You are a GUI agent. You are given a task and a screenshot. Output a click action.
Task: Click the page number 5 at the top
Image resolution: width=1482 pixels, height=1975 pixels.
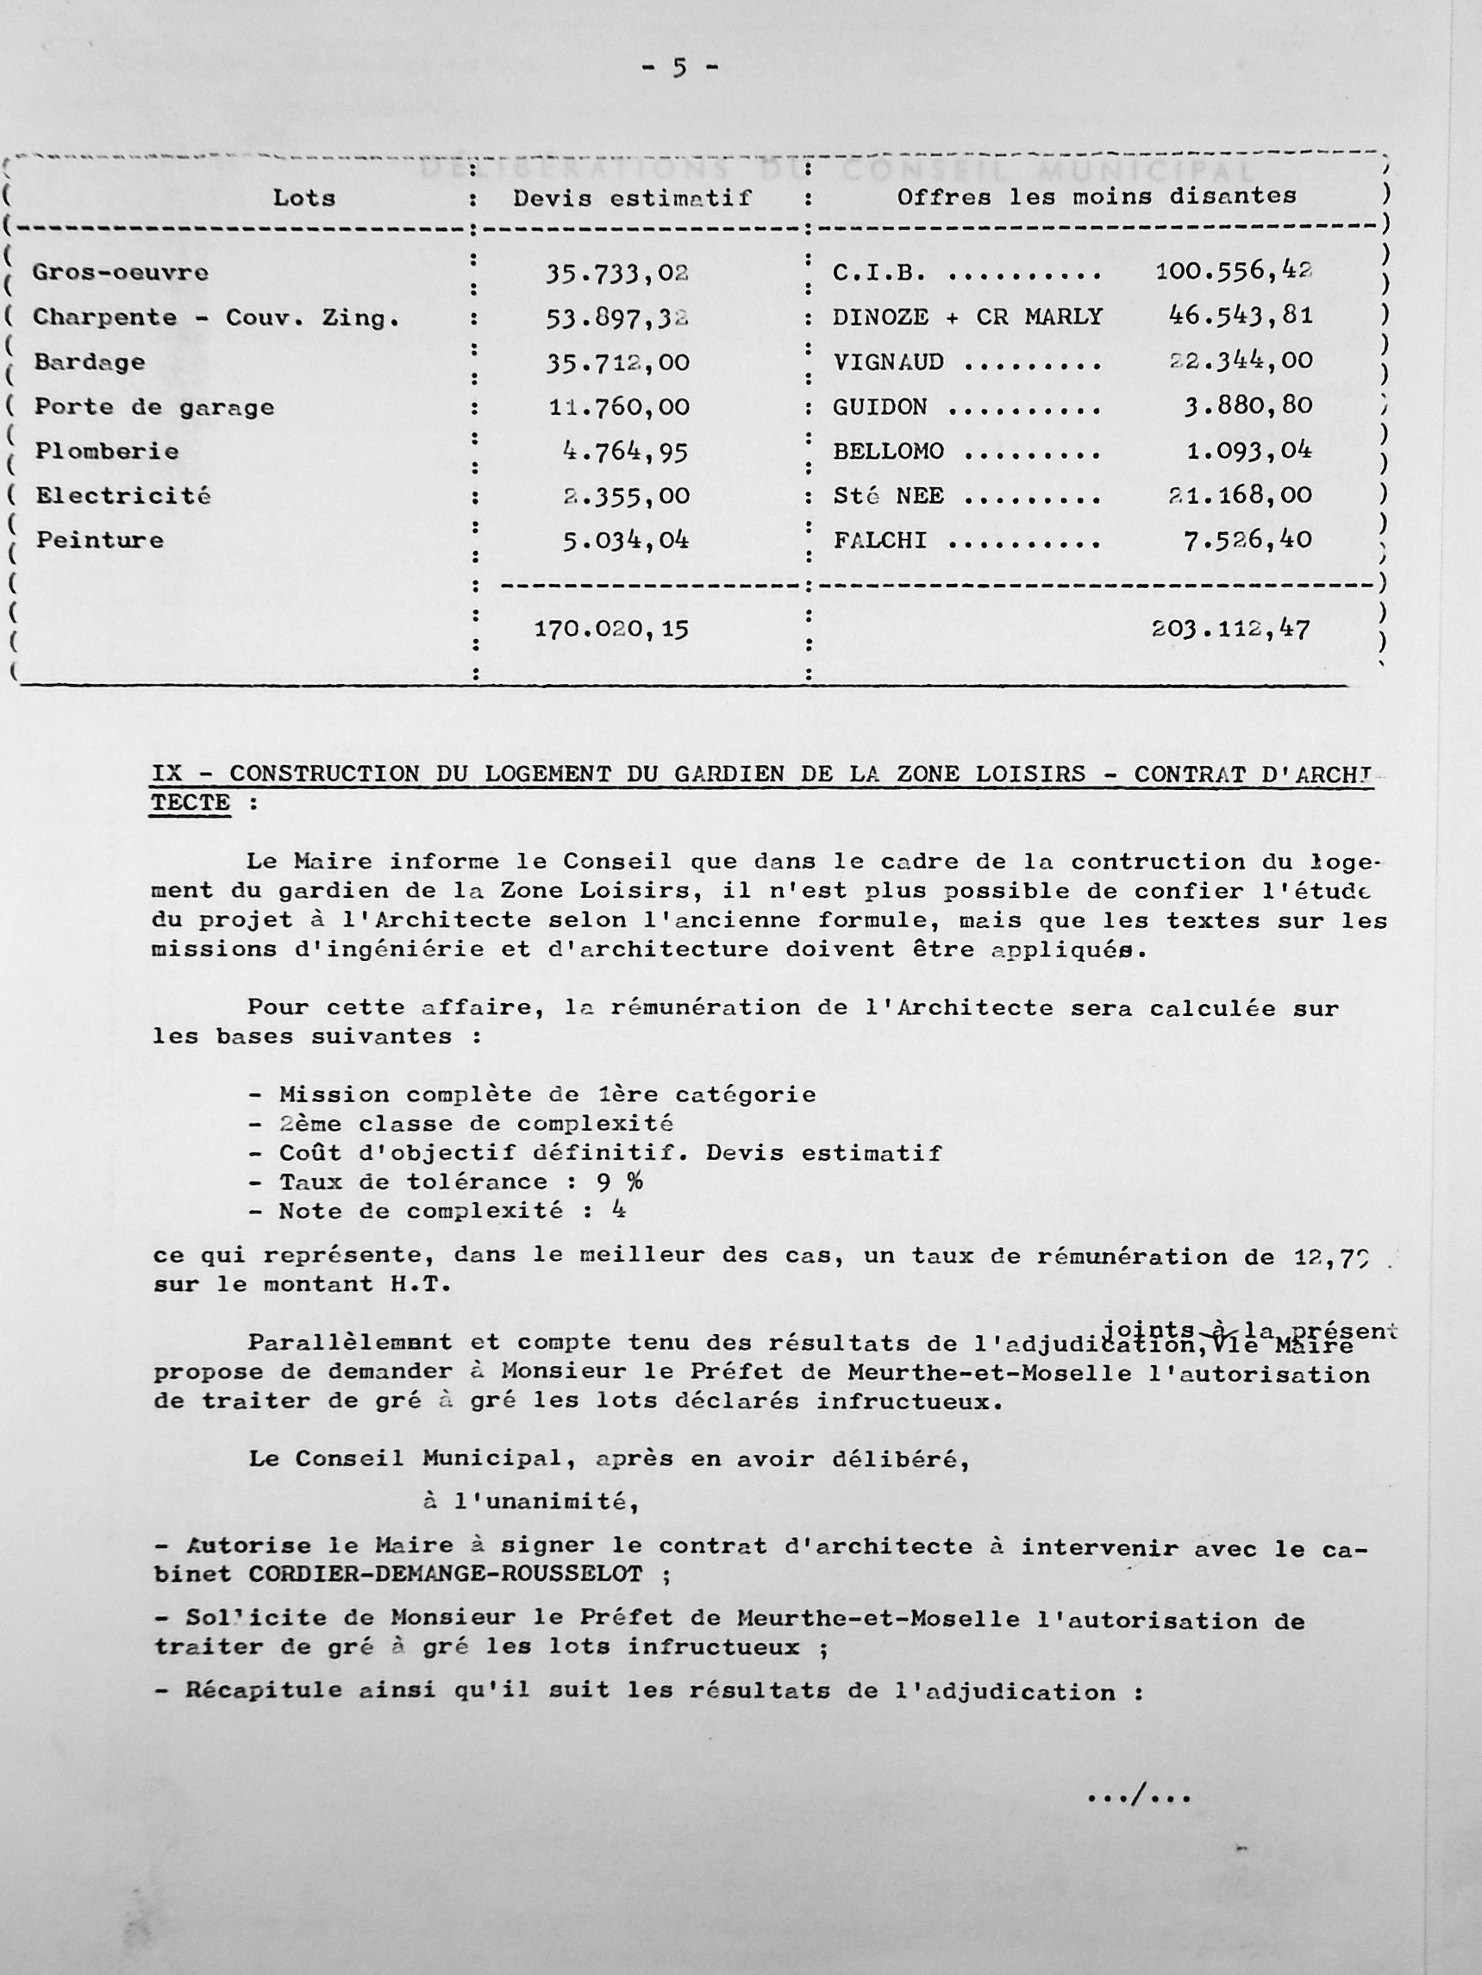[x=678, y=69]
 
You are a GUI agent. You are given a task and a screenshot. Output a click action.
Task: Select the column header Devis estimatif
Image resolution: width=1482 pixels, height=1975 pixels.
[x=632, y=198]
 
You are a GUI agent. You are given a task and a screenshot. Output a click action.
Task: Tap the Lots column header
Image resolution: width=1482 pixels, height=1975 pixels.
[x=303, y=197]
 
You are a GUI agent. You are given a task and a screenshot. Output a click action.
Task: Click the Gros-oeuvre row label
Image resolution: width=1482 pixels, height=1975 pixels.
[x=121, y=273]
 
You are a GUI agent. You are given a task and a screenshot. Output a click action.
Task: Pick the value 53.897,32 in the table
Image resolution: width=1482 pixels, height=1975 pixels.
[x=618, y=318]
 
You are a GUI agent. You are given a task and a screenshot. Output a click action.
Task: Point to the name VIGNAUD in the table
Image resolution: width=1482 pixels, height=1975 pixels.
[x=888, y=362]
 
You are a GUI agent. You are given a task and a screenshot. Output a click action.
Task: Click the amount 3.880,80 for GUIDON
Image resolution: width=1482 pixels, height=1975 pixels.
[x=1248, y=406]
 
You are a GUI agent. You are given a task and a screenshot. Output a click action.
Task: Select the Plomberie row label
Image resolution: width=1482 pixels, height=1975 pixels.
[x=106, y=452]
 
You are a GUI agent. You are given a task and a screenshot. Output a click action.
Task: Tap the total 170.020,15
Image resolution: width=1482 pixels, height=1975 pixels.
[x=611, y=630]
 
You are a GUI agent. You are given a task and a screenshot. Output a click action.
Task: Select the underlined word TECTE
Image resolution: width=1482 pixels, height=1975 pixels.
[x=191, y=803]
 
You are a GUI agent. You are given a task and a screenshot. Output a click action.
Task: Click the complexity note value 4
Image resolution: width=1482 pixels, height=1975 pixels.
[x=619, y=1211]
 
